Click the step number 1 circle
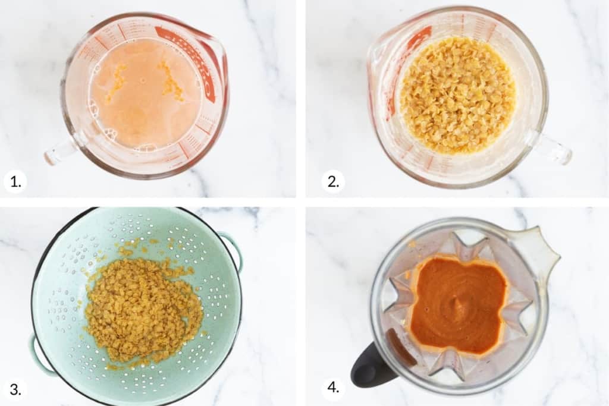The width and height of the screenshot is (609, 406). click(x=15, y=181)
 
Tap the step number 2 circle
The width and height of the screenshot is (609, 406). click(x=333, y=181)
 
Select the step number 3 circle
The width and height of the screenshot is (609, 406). click(x=15, y=389)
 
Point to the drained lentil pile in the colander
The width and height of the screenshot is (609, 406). click(x=143, y=309)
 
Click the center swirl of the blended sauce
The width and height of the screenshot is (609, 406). click(x=457, y=306)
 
